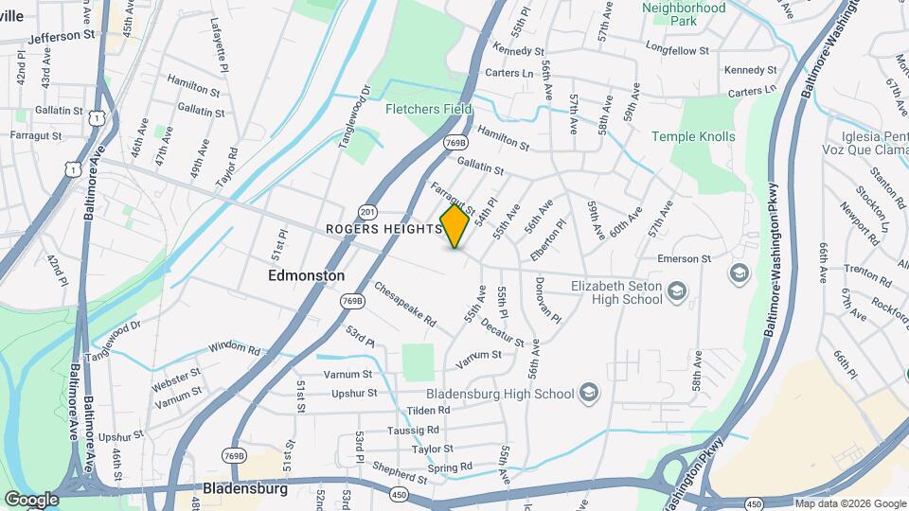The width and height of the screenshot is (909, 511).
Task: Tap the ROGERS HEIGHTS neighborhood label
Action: tap(383, 229)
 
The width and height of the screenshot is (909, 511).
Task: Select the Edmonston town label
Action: tap(307, 275)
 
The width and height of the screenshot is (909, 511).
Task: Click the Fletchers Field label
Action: tap(428, 109)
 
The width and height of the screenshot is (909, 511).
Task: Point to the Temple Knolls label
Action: tap(693, 136)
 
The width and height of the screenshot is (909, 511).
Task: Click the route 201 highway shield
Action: tap(368, 212)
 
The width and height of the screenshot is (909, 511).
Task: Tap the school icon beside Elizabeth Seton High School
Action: tap(677, 291)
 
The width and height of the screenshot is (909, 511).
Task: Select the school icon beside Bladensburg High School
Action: tap(589, 393)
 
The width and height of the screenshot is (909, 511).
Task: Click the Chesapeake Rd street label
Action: tap(404, 305)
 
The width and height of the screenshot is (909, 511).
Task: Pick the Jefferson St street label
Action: tap(62, 37)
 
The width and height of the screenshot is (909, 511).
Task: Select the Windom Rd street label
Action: tap(234, 348)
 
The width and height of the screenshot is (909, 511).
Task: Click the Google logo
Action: tap(31, 499)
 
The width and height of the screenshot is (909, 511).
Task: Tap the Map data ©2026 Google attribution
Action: tap(849, 503)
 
